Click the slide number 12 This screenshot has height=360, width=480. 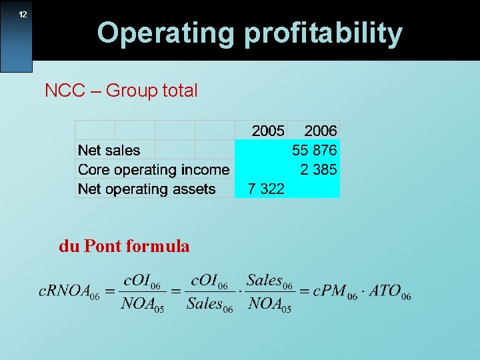pos(23,15)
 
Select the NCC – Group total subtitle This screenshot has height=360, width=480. pos(121,91)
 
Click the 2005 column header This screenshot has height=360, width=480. pos(268,131)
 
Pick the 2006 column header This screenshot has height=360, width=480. pos(321,131)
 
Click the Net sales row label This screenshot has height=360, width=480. pos(109,150)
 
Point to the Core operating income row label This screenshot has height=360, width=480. pos(154,169)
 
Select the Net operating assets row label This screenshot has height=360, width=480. pos(147,189)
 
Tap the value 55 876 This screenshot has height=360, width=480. pos(315,150)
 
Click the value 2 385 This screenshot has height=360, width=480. pos(319,169)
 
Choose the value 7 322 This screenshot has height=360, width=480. pos(266,189)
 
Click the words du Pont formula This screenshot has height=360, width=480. pos(124,247)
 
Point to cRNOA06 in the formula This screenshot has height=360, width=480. pos(69,292)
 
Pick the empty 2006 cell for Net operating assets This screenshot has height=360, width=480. pos(314,189)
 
